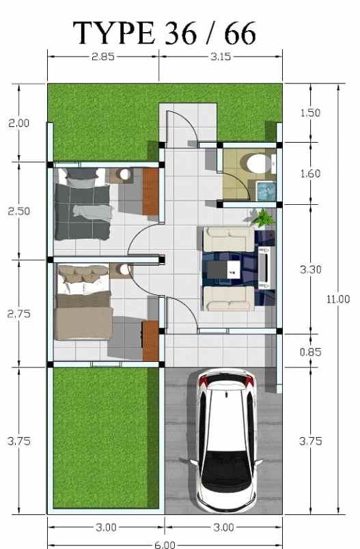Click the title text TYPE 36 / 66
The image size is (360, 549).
pos(165,32)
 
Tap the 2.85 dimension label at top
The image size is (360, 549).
pos(102,57)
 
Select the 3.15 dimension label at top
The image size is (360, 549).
pos(220,57)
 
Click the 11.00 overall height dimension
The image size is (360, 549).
pos(338,298)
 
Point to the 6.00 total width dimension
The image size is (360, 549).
pos(164,544)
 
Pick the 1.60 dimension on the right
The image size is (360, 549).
pos(310,173)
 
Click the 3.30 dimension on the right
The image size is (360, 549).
pos(310,270)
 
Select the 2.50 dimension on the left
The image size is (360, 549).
pos(18,211)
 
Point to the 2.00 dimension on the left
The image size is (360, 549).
pos(18,123)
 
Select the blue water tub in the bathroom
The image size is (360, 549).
pos(264,190)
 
